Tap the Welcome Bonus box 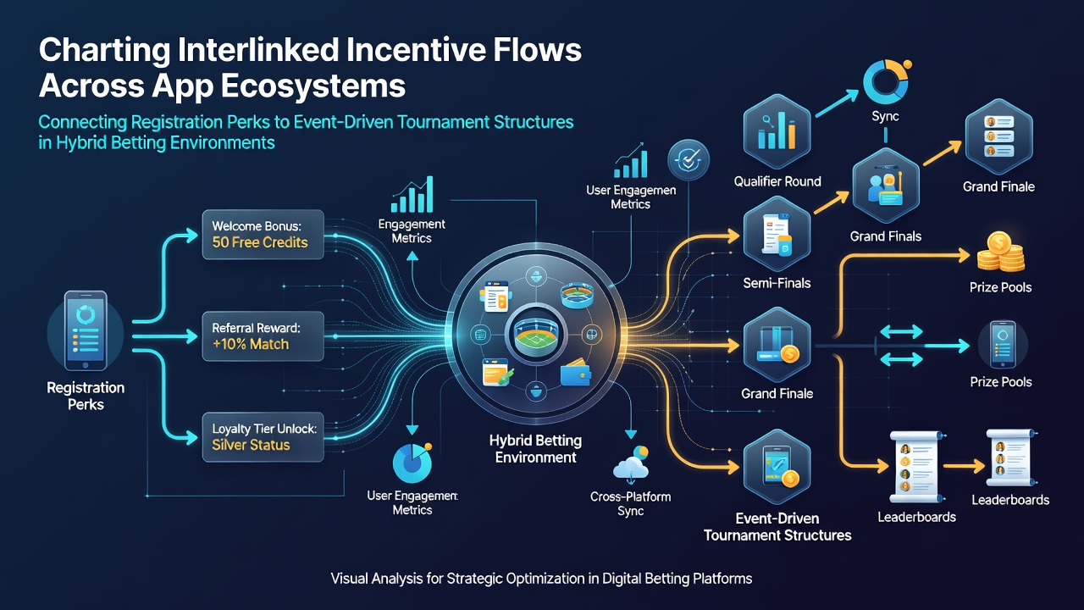[x=263, y=235]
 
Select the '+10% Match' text [x=250, y=344]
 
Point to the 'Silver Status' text [x=251, y=445]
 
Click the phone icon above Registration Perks [x=86, y=330]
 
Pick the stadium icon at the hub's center [x=536, y=335]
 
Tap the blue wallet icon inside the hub [x=575, y=372]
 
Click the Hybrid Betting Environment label [x=535, y=449]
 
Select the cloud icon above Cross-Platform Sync [x=631, y=464]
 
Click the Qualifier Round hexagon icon [x=777, y=131]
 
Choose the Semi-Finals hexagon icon [x=777, y=234]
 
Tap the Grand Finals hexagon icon [x=886, y=186]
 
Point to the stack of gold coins [x=1000, y=252]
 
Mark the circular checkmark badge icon [x=689, y=160]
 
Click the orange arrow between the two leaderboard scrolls [x=964, y=466]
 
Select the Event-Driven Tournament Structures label [x=777, y=527]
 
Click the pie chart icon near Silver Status [x=412, y=463]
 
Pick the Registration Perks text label [x=86, y=396]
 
